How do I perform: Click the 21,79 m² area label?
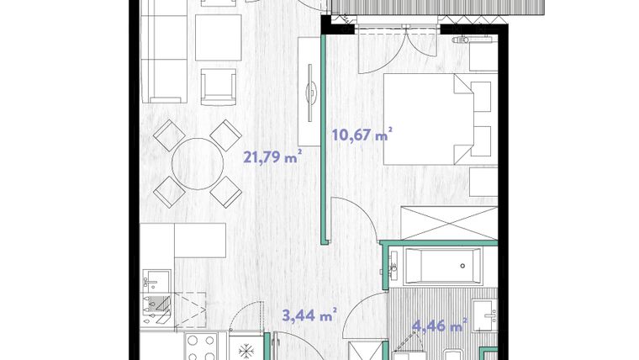pyautogui.click(x=272, y=156)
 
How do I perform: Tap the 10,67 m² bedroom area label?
pyautogui.click(x=362, y=134)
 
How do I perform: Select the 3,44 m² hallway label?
pyautogui.click(x=309, y=315)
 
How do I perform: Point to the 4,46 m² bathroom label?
pyautogui.click(x=440, y=326)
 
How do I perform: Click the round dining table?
pyautogui.click(x=198, y=163)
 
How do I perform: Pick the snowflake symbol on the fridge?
pyautogui.click(x=246, y=350)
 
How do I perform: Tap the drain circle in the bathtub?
pyautogui.click(x=462, y=266)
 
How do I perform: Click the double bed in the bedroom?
pyautogui.click(x=428, y=119)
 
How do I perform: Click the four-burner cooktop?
pyautogui.click(x=201, y=347)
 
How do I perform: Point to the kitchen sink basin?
pyautogui.click(x=156, y=281)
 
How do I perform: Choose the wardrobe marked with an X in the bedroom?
pyautogui.click(x=449, y=223)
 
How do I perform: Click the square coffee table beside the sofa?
pyautogui.click(x=218, y=38)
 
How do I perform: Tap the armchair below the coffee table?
pyautogui.click(x=219, y=87)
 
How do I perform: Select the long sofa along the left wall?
pyautogui.click(x=164, y=51)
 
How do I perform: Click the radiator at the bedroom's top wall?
pyautogui.click(x=473, y=40)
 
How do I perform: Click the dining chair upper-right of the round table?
pyautogui.click(x=226, y=135)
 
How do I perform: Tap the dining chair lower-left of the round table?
pyautogui.click(x=170, y=192)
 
